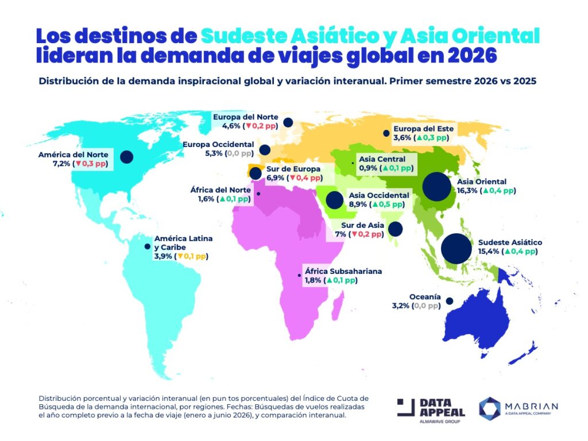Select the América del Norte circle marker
coord(126,157)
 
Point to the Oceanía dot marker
coord(449,301)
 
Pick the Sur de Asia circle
coord(394,230)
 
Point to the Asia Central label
coord(382,159)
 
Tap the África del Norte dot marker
coord(258,194)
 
